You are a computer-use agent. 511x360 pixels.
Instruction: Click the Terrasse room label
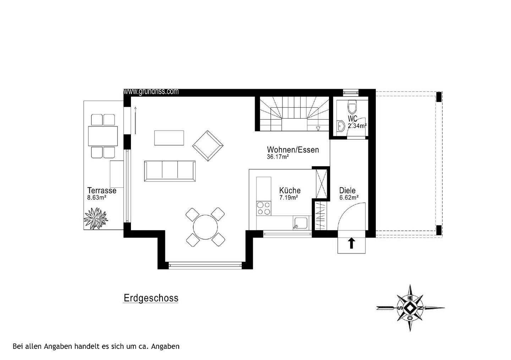pos(102,191)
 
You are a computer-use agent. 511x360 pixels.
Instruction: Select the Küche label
pos(290,190)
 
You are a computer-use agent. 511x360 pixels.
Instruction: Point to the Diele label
pos(347,191)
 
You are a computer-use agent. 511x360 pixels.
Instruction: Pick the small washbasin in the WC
pos(341,125)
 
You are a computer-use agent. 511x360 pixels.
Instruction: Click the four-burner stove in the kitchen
pos(263,208)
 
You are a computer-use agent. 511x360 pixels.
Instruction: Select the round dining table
pos(205,226)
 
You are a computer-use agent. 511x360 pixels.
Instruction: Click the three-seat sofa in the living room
pos(170,170)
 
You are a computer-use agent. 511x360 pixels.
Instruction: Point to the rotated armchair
pos(208,146)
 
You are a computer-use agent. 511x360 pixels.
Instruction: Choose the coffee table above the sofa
pos(169,138)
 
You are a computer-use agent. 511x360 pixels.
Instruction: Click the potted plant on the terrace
pos(95,218)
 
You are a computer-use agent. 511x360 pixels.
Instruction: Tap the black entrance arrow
pos(351,243)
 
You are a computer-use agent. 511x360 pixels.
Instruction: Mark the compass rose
pos(410,308)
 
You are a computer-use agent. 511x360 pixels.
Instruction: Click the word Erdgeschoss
pos(151,298)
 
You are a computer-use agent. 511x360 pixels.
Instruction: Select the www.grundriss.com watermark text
pos(151,92)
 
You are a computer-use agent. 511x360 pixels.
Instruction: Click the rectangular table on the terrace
pos(103,136)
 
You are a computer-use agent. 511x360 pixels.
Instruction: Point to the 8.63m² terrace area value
pos(97,198)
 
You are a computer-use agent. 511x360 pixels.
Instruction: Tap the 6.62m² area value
pos(349,198)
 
